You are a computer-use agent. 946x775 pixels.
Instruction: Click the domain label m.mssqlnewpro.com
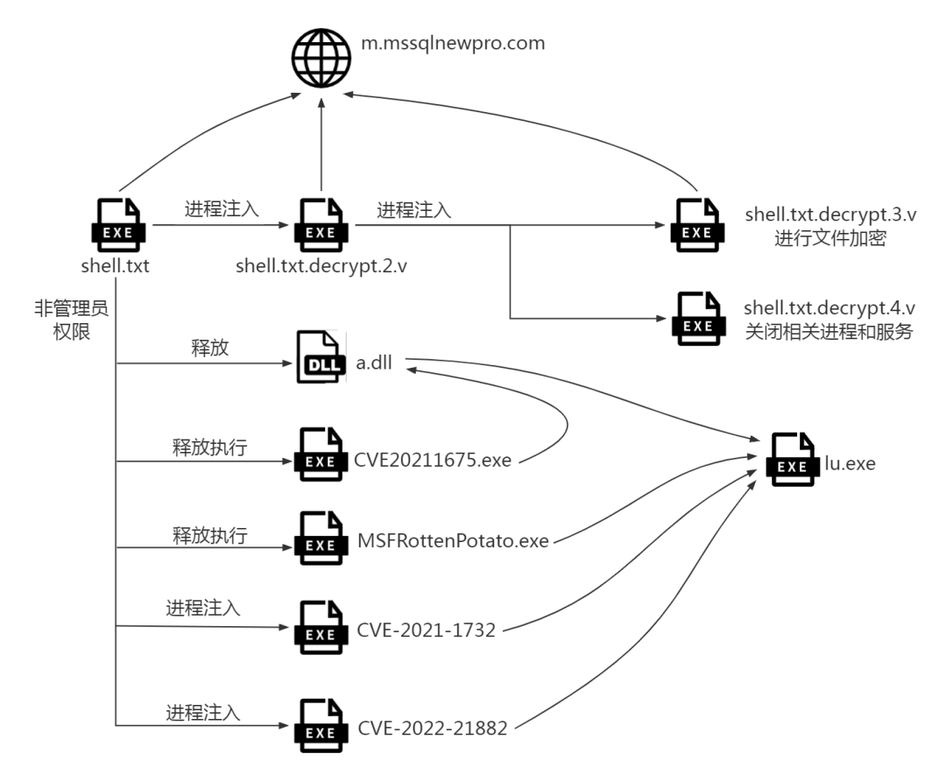pos(453,43)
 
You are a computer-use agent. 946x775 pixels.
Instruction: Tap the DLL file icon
pos(321,357)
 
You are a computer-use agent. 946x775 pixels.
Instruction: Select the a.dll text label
pos(373,363)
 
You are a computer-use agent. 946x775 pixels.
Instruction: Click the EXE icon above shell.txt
pos(117,233)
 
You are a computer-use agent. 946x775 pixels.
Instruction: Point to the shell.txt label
pos(115,265)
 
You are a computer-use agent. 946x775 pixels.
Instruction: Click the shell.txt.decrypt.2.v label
pos(321,266)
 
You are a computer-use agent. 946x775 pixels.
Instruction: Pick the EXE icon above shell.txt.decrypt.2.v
pos(320,233)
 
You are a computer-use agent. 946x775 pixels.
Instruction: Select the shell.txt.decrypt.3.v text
pos(830,214)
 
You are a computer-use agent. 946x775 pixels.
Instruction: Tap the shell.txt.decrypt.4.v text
pos(830,308)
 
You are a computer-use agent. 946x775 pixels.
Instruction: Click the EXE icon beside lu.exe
pos(792,468)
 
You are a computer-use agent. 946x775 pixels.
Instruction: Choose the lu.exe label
pos(849,463)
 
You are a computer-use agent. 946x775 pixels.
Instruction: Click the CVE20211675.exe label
pos(433,459)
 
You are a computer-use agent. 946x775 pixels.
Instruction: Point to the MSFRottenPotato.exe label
pos(453,541)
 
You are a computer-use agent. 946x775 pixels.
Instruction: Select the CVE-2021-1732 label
pos(427,630)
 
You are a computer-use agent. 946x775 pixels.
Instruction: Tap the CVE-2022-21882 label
pos(432,728)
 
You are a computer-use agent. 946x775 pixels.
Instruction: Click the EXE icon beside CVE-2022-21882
pos(320,733)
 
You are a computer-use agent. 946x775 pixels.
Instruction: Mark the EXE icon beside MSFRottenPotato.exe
pos(320,546)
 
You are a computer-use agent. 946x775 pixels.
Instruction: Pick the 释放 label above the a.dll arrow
pos(210,347)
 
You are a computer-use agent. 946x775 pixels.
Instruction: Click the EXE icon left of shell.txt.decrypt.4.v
pos(697,327)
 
